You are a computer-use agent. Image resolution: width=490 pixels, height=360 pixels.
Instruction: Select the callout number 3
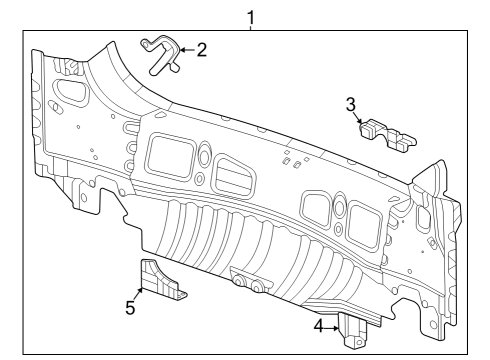(x=351, y=103)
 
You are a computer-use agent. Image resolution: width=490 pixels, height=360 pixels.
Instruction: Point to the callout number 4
(x=319, y=325)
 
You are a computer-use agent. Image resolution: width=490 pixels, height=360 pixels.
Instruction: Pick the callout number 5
(x=130, y=308)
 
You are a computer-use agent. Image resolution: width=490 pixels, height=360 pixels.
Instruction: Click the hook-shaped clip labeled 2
(x=160, y=54)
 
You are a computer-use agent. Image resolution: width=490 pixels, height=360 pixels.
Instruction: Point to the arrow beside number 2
(x=186, y=49)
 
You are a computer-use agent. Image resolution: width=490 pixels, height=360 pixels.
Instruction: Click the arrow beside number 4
(x=334, y=325)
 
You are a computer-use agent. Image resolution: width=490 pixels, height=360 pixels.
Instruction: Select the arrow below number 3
(x=358, y=118)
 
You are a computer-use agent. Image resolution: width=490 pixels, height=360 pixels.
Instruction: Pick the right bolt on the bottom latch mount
(x=257, y=288)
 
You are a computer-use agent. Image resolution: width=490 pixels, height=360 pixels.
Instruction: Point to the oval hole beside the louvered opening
(x=203, y=156)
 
